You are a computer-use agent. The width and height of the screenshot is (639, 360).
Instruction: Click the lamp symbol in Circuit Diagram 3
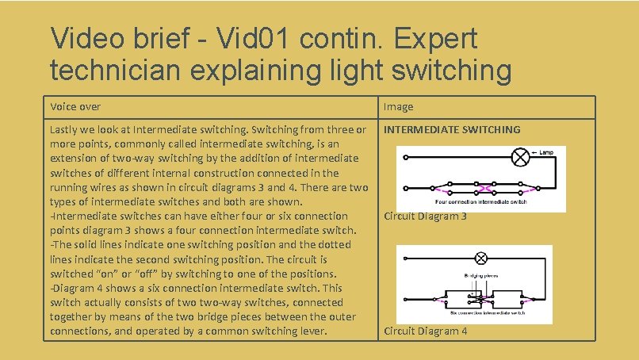click(521, 157)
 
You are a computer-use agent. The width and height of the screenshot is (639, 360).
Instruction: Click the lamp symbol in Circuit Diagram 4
click(480, 259)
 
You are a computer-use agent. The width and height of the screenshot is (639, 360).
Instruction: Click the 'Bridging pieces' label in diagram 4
click(474, 274)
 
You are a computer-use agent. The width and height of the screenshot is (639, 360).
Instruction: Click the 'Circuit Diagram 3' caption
click(426, 216)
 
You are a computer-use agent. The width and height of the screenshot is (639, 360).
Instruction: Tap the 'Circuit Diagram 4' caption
click(426, 331)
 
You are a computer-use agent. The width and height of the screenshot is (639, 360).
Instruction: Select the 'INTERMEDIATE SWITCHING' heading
click(452, 129)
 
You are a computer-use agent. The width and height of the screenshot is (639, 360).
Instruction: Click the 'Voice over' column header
click(75, 106)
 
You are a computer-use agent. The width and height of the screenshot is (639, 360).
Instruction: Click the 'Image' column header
click(399, 106)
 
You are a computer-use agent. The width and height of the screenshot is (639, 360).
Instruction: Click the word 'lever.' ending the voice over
click(312, 331)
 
